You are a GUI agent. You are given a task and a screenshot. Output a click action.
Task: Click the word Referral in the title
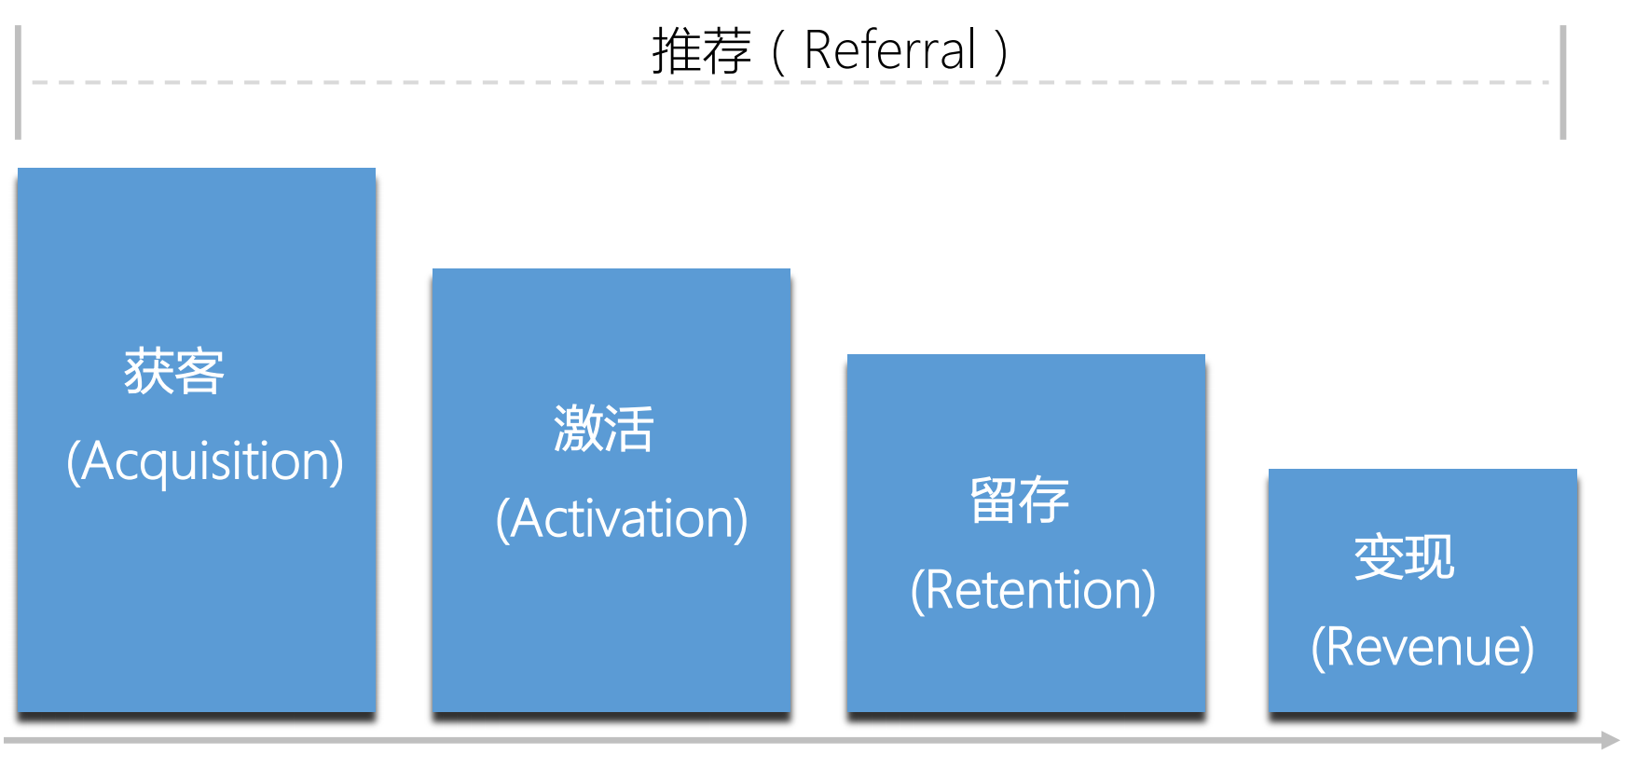point(889,50)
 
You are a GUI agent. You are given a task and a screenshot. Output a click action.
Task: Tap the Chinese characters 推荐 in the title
point(701,51)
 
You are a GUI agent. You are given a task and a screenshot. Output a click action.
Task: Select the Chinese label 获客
point(174,372)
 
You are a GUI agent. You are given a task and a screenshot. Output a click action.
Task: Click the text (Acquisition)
point(205,461)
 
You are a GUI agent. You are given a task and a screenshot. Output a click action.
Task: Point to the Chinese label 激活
point(604,429)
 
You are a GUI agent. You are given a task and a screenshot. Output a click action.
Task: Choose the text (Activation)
point(622,519)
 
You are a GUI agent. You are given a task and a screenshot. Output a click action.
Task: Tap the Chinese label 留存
point(1019,501)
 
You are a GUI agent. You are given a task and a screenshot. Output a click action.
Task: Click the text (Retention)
point(1033,591)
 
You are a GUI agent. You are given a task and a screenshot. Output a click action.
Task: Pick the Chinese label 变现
point(1404,557)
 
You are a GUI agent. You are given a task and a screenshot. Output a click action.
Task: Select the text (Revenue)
point(1422,647)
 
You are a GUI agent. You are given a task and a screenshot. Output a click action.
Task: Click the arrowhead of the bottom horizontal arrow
point(1611,740)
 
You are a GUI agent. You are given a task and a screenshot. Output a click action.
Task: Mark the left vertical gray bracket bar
point(18,82)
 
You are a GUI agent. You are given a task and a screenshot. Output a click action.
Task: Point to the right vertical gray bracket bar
point(1563,82)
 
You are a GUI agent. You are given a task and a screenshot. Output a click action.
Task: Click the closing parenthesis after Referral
point(1001,52)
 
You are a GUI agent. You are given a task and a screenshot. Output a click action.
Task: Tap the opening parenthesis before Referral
point(777,52)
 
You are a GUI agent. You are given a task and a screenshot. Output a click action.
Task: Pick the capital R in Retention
point(941,591)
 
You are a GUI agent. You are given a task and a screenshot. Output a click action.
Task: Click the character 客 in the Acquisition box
point(199,372)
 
